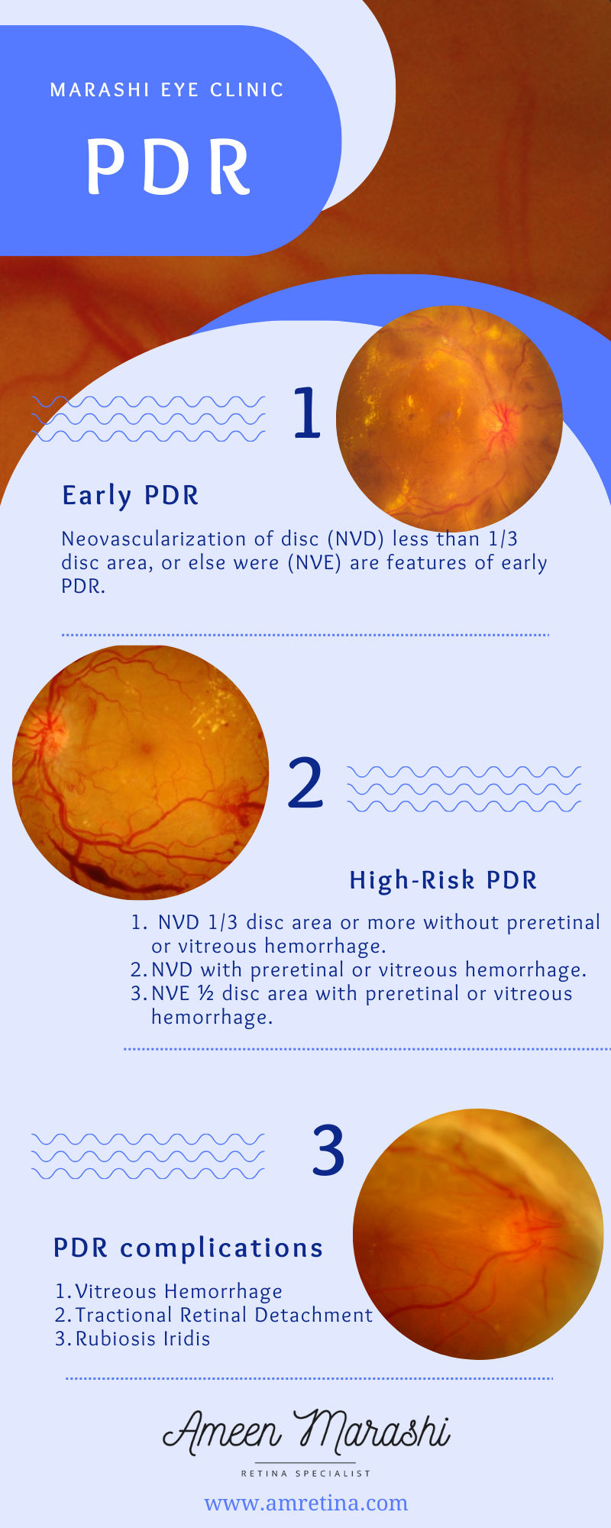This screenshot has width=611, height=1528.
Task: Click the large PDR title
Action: point(169,167)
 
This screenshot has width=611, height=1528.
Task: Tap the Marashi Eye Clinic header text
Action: point(167,90)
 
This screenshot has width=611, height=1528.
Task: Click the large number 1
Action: point(307,413)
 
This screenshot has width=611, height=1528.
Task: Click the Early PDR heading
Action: point(131,496)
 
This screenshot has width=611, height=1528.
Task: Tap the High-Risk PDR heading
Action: point(443,880)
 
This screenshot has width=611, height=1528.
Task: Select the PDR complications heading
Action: point(189,1248)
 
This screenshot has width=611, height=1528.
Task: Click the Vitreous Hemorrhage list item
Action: point(169,1291)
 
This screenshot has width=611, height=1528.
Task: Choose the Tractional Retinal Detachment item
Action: point(214,1315)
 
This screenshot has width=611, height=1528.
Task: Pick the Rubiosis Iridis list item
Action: point(133,1339)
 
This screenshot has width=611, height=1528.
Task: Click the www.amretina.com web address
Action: point(306,1503)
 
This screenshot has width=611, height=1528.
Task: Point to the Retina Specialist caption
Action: point(306,1473)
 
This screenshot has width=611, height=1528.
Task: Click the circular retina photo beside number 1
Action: point(449,419)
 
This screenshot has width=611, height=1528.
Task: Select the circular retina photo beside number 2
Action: point(141,772)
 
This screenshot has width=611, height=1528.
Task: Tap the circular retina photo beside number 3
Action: point(478,1234)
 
